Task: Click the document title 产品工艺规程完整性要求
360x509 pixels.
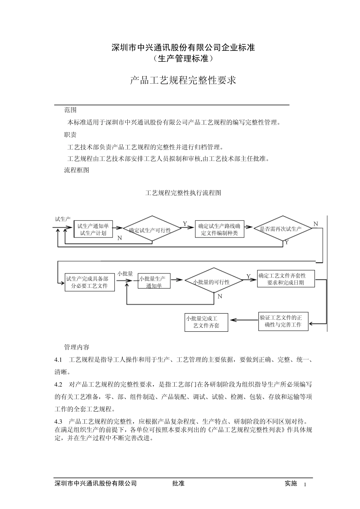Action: coord(183,80)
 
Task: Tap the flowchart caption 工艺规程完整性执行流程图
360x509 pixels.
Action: coord(183,193)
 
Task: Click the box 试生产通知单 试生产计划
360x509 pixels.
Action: coord(93,230)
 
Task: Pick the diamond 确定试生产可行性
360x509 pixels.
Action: coord(152,230)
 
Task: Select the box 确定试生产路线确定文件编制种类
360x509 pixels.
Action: coord(219,230)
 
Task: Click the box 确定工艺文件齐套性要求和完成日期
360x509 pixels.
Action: coord(286,279)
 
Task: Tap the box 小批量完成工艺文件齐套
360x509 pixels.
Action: coord(206,322)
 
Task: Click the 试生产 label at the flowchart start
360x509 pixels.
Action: coord(63,219)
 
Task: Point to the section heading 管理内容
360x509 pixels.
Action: coord(77,347)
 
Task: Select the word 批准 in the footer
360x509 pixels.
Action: coord(178,483)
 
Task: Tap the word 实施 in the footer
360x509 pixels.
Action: coord(291,483)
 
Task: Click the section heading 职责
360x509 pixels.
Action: coord(70,135)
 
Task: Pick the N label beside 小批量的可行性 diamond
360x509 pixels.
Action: coord(220,297)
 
